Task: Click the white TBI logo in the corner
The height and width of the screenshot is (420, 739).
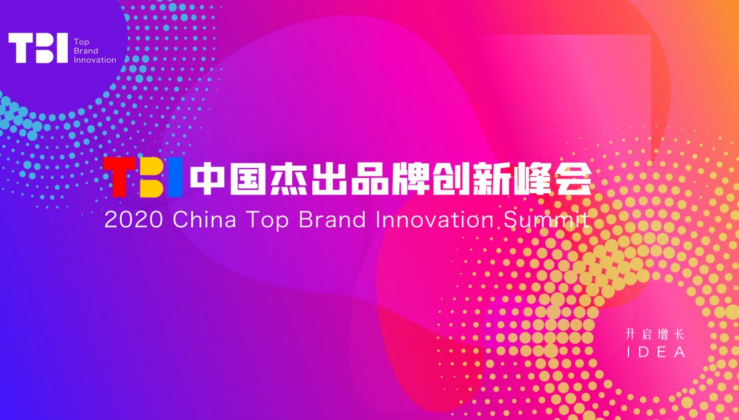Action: (38, 48)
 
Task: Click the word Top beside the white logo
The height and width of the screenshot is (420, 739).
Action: (81, 43)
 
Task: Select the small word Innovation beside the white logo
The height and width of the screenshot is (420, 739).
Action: (95, 60)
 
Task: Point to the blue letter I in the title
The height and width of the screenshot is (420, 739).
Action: (175, 177)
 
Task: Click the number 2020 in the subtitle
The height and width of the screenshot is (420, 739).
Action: (133, 220)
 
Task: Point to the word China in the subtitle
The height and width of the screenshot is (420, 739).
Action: (205, 220)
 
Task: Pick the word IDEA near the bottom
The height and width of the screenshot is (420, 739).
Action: (656, 352)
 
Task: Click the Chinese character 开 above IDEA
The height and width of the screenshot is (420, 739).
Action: (631, 335)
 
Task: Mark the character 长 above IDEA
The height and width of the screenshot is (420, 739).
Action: (679, 335)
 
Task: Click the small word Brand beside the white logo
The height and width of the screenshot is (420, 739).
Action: (86, 51)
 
